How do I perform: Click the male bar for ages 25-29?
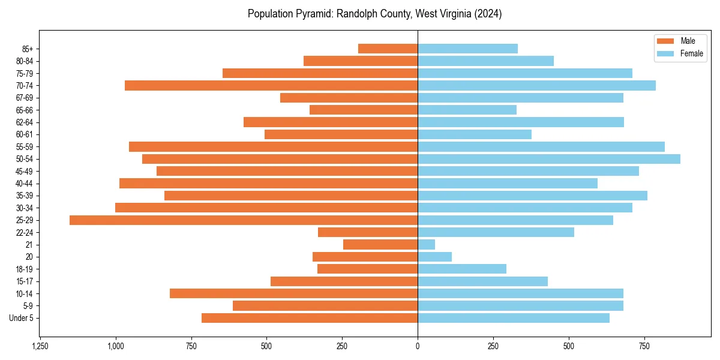point(244,220)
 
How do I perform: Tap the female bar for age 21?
point(427,245)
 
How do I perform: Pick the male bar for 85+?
point(388,49)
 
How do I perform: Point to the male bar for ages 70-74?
point(271,85)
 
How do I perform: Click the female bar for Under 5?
point(514,318)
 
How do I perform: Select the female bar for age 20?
point(435,257)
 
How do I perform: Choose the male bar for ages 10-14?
point(294,293)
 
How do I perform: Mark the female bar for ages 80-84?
point(486,61)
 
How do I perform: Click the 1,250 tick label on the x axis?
point(40,347)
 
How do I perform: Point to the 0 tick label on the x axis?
point(418,347)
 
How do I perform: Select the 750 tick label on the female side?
point(644,347)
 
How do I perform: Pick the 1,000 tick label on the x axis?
point(115,347)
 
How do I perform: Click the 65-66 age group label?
point(25,110)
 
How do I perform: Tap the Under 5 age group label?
point(22,318)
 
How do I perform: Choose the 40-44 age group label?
point(25,184)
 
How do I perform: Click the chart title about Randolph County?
point(375,14)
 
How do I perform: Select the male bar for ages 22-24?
point(368,232)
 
